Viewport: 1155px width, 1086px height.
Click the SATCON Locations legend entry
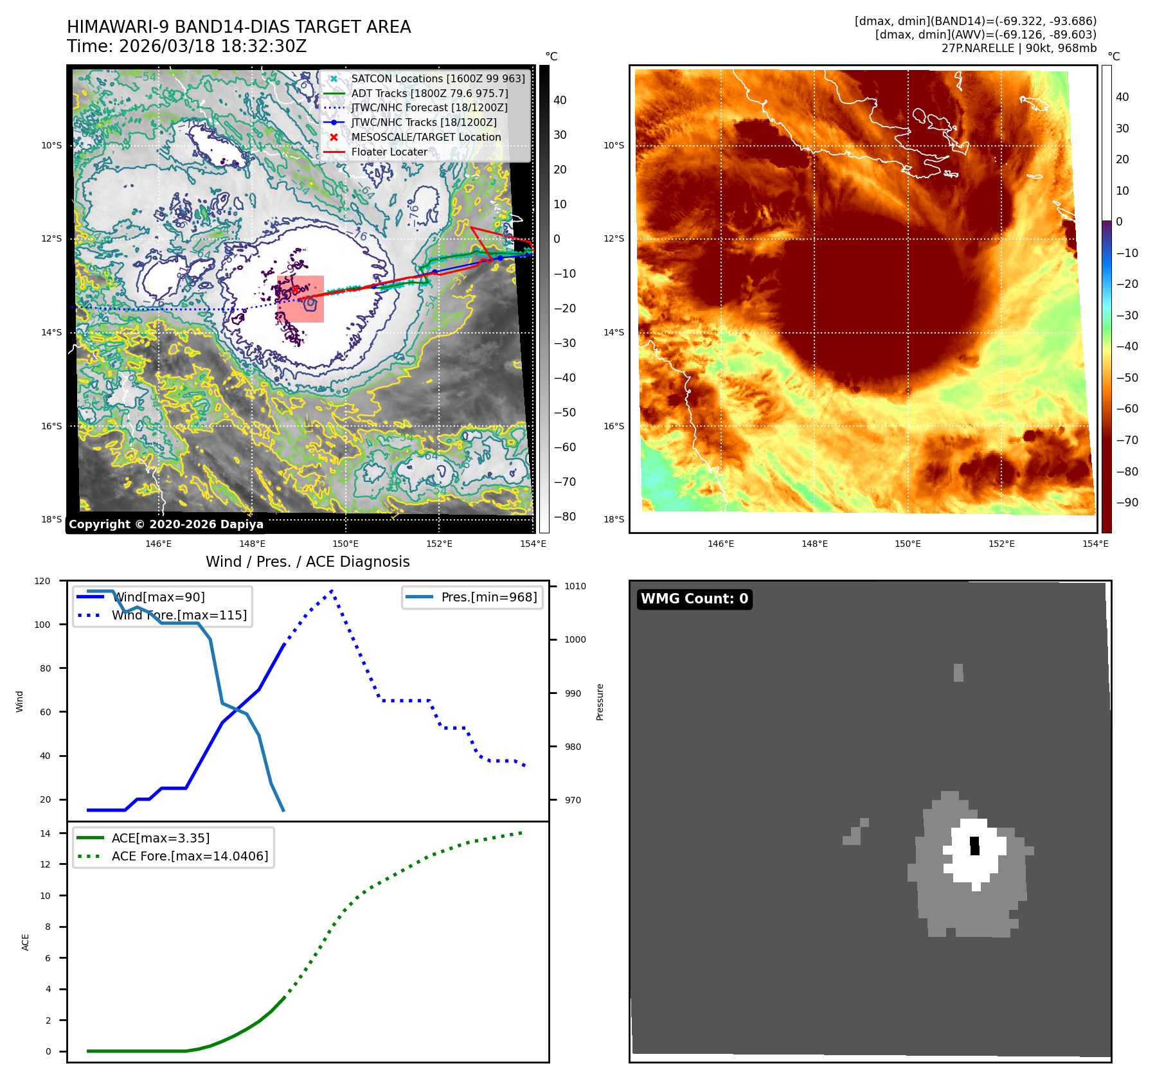438,78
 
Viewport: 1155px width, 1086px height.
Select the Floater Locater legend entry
389,152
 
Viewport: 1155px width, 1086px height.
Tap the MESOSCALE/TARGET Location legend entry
425,137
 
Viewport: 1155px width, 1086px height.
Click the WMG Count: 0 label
694,599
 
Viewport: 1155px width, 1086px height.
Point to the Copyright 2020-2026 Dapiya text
166,524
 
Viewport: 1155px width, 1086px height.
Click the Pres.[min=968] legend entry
488,597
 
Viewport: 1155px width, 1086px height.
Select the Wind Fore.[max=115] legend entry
179,615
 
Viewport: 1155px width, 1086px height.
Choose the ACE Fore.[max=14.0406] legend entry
190,856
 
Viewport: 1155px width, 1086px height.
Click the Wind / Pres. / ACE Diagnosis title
307,562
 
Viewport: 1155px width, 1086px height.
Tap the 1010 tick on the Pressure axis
575,586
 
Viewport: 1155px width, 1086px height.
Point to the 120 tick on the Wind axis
42,581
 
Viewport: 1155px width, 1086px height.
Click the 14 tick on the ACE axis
45,833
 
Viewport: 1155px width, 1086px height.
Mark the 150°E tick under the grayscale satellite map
346,544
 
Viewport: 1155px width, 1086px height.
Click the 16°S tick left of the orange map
613,426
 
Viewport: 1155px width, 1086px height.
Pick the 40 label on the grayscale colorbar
560,100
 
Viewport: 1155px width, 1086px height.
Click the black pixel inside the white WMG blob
974,846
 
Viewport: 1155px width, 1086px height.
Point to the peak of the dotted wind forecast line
332,590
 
